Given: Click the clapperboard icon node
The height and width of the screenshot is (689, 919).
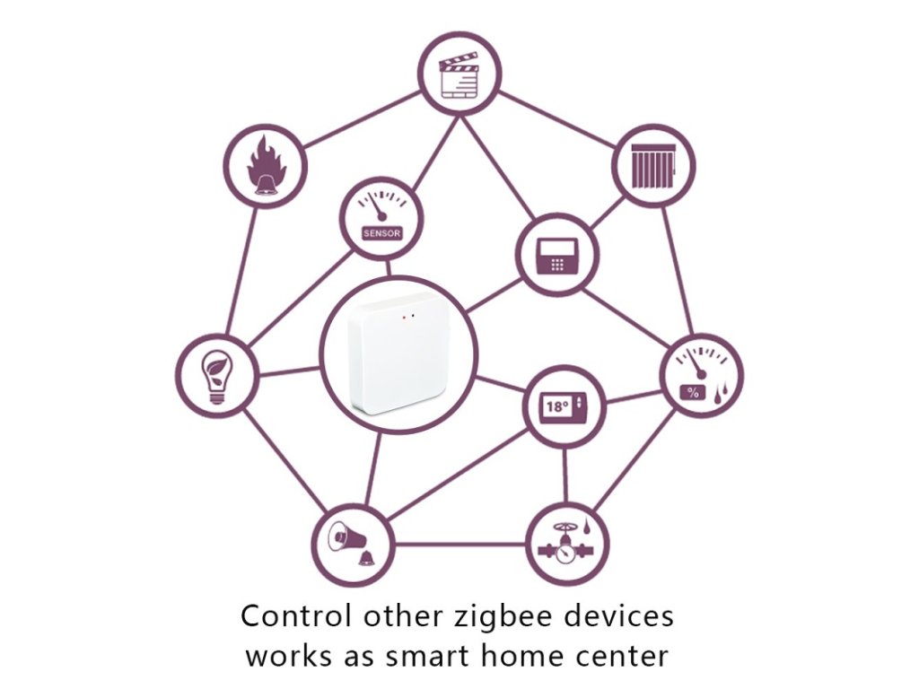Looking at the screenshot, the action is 459,74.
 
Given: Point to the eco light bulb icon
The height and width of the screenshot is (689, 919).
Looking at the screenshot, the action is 217,375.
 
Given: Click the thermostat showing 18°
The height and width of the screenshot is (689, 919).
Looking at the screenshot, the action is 564,406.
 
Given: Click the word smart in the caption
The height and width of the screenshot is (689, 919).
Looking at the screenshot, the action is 429,655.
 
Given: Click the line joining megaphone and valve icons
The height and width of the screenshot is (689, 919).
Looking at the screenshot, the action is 459,544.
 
